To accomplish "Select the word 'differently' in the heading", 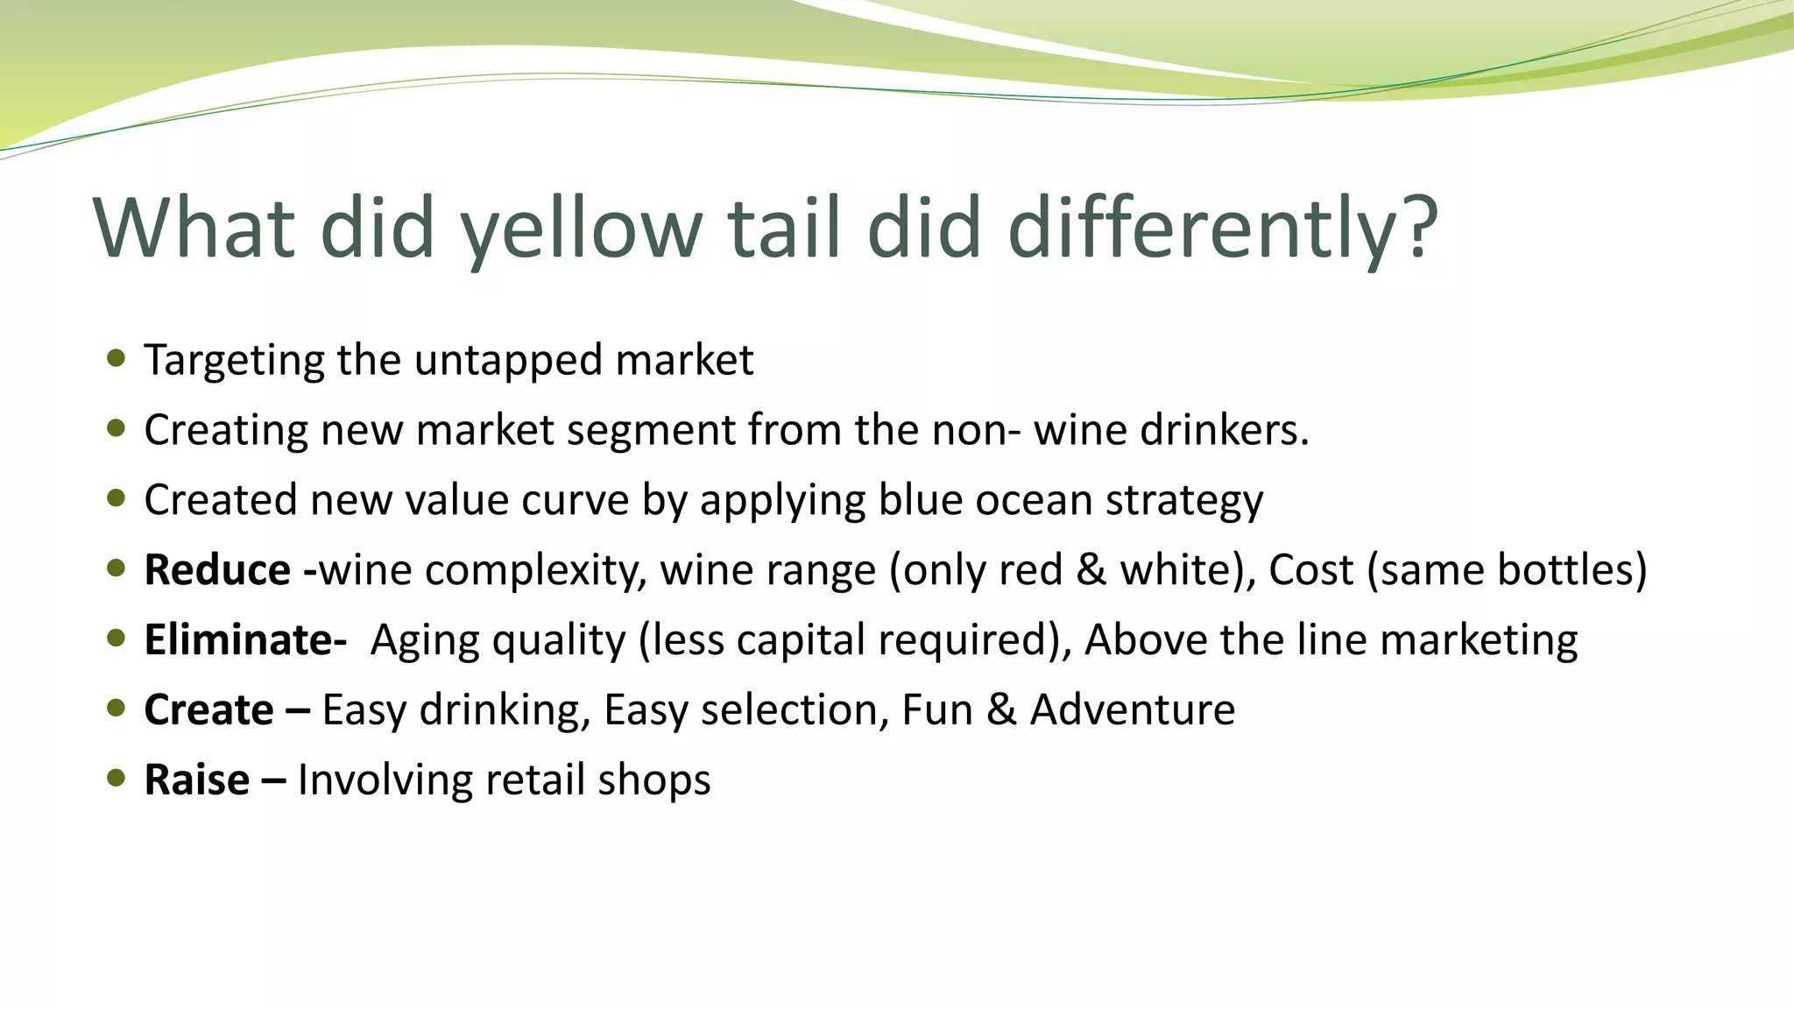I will tap(1204, 228).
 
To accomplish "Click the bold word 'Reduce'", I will tap(217, 570).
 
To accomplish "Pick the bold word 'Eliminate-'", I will tap(245, 640).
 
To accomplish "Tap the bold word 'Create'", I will tap(208, 710).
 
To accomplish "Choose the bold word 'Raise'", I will tap(196, 780).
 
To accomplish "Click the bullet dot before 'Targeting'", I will tap(116, 357).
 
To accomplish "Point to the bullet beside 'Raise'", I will tap(116, 778).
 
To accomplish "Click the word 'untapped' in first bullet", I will tap(508, 361).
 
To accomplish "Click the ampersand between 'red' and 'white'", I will tap(1091, 570).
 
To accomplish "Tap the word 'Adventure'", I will tap(1132, 710).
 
